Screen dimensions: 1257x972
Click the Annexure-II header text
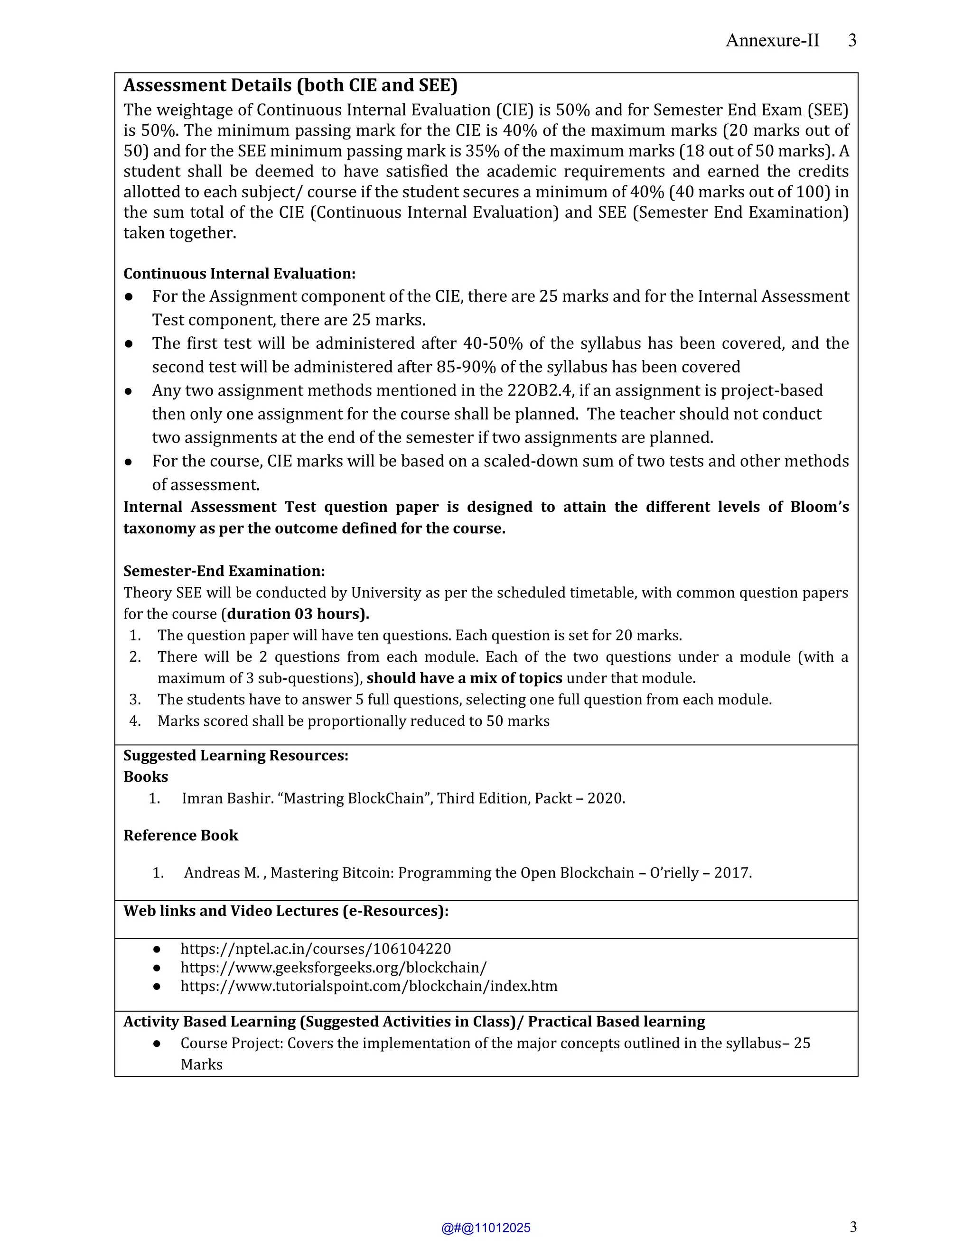pyautogui.click(x=772, y=40)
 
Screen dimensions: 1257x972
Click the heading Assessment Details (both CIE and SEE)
pyautogui.click(x=290, y=85)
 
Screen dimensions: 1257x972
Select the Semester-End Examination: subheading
pyautogui.click(x=224, y=571)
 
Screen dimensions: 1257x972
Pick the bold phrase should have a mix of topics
pyautogui.click(x=464, y=678)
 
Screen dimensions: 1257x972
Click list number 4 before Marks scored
pyautogui.click(x=135, y=721)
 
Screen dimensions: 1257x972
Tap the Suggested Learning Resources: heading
pyautogui.click(x=235, y=755)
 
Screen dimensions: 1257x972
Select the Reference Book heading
pyautogui.click(x=180, y=835)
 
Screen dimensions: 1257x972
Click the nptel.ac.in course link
pyautogui.click(x=316, y=949)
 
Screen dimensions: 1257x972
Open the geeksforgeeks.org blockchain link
pyautogui.click(x=333, y=968)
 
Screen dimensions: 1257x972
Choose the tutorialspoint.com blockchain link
pyautogui.click(x=368, y=986)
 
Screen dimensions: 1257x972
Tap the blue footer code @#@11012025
pyautogui.click(x=486, y=1228)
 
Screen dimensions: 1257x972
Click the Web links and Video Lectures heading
pyautogui.click(x=286, y=911)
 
